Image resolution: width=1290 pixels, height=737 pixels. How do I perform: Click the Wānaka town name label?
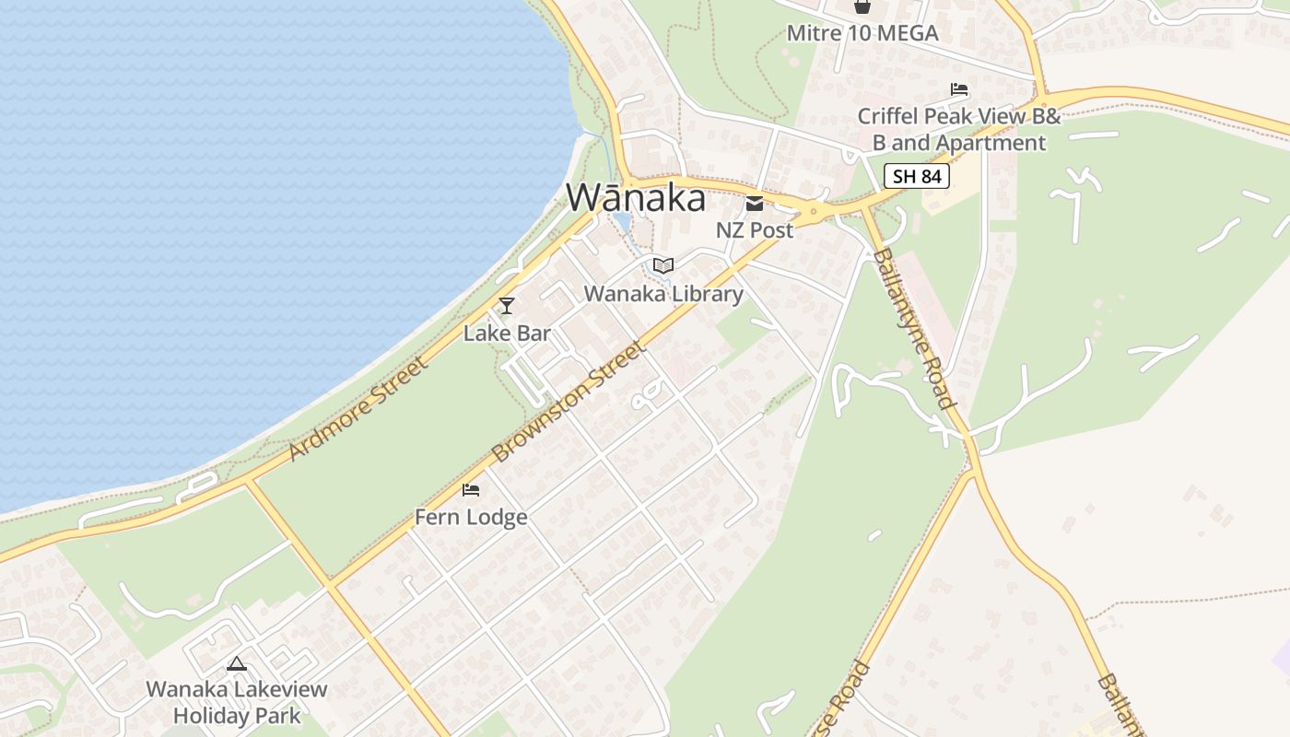tap(636, 198)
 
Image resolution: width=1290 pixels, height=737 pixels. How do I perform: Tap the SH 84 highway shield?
tap(917, 176)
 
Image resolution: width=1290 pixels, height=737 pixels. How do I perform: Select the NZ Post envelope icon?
tap(755, 204)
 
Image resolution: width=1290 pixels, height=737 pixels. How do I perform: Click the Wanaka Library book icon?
tap(663, 266)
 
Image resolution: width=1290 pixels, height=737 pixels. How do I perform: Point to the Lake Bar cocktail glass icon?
tap(506, 306)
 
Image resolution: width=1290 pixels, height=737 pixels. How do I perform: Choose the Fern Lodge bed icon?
tap(471, 489)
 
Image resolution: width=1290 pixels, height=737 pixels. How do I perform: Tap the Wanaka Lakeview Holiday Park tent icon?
tap(237, 663)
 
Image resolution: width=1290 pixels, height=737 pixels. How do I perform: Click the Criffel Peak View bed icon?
tap(959, 89)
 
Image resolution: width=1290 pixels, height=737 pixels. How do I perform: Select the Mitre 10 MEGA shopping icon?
tap(862, 6)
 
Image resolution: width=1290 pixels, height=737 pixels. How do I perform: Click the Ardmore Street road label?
tap(358, 410)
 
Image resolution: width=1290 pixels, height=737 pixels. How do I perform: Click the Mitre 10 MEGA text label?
tap(862, 34)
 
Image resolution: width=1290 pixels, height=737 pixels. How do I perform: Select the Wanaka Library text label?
tap(663, 294)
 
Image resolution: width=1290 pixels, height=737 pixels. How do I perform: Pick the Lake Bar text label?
tap(507, 333)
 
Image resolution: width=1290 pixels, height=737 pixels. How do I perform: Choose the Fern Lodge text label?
tap(471, 517)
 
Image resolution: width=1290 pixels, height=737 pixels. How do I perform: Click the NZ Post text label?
tap(755, 230)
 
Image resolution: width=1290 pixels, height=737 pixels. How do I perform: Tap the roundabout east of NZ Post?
tap(813, 213)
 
